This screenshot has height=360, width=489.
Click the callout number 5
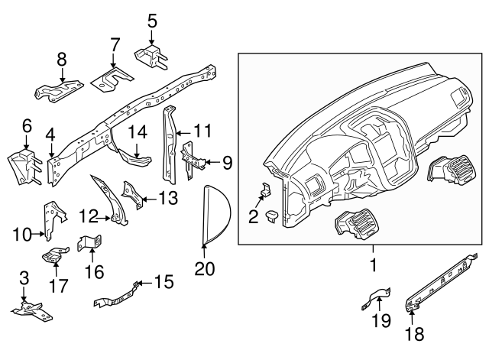(x=152, y=19)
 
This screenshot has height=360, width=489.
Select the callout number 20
(x=205, y=269)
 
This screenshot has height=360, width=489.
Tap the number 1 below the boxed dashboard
(x=374, y=267)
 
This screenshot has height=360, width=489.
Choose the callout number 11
(x=202, y=131)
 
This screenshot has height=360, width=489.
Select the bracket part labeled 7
(x=112, y=76)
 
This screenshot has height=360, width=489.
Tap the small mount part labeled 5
(x=152, y=55)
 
